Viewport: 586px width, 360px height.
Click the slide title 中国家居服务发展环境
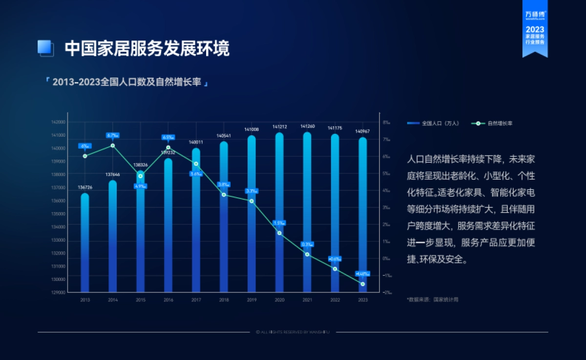point(146,48)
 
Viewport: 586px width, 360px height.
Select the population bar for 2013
point(85,244)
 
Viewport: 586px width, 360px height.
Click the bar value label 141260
point(307,126)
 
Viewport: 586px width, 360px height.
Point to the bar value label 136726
point(85,188)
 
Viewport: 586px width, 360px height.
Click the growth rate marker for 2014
point(113,146)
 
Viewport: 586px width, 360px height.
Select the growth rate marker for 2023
point(363,284)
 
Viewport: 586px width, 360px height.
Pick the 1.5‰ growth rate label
point(279,223)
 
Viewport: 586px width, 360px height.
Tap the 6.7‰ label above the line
point(113,135)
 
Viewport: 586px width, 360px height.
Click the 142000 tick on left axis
point(59,122)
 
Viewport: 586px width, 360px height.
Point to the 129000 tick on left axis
point(59,292)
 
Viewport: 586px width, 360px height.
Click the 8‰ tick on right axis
point(386,122)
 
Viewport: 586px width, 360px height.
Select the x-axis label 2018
point(224,300)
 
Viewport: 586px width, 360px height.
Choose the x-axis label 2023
point(363,300)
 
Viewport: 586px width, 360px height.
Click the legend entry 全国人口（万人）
point(433,124)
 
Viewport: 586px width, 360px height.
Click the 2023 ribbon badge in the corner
point(535,29)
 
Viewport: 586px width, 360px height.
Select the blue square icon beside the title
point(45,48)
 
